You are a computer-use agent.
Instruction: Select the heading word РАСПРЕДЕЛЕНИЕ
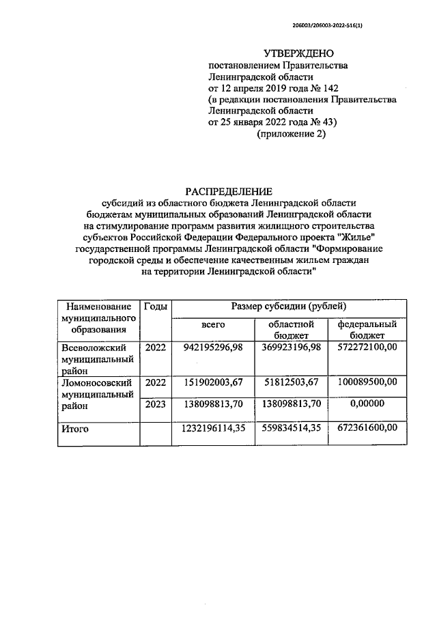229,192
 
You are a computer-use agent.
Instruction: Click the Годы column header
155,307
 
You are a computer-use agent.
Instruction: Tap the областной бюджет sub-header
292,330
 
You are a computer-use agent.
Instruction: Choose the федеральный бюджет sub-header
367,330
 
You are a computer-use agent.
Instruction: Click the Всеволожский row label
89,348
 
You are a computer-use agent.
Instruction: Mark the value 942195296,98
214,348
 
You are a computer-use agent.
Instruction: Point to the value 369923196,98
292,348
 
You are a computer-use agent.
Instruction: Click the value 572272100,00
367,348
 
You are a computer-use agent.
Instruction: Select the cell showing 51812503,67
292,382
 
